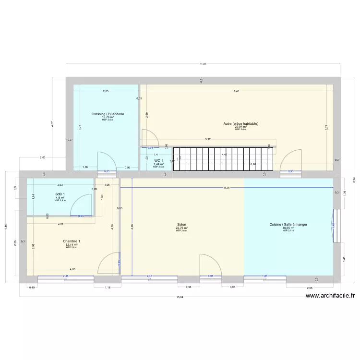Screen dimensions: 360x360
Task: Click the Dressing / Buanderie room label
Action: pyautogui.click(x=108, y=114)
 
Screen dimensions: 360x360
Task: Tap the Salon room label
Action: pyautogui.click(x=181, y=224)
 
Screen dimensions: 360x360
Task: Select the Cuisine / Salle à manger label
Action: pyautogui.click(x=288, y=224)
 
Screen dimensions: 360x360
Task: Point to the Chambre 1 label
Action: pyautogui.click(x=72, y=241)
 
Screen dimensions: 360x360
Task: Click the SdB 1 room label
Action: pyautogui.click(x=60, y=194)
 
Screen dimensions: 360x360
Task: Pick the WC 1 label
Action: pyautogui.click(x=158, y=161)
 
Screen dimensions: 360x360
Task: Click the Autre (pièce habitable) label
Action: pyautogui.click(x=240, y=123)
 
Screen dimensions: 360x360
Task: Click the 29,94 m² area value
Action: pyautogui.click(x=240, y=127)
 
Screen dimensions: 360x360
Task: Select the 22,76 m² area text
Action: pyautogui.click(x=181, y=228)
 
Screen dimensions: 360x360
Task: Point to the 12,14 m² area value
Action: pyautogui.click(x=72, y=245)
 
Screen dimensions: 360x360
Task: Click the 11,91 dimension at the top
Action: pyautogui.click(x=204, y=64)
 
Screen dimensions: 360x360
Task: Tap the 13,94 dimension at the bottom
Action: pyautogui.click(x=180, y=297)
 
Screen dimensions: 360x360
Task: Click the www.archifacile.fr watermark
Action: pyautogui.click(x=332, y=296)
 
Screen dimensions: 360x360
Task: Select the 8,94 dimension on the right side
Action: pyautogui.click(x=354, y=179)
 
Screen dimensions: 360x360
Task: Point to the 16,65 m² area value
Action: pyautogui.click(x=288, y=228)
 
